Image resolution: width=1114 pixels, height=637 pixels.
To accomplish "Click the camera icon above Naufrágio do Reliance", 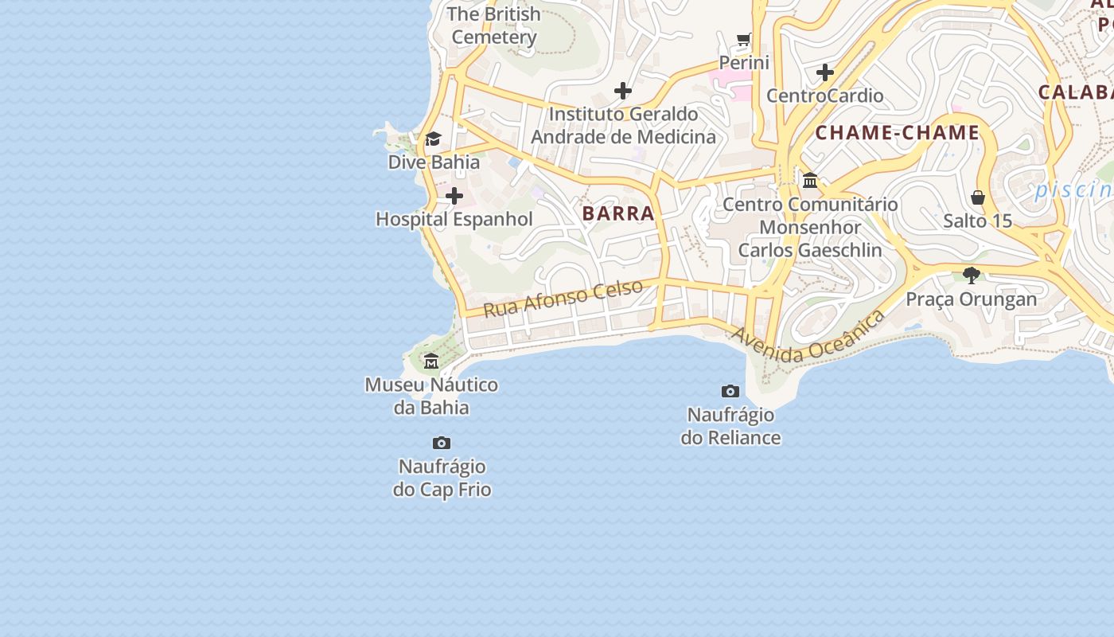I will pyautogui.click(x=730, y=391).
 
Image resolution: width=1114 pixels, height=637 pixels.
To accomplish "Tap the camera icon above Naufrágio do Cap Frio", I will pyautogui.click(x=442, y=443).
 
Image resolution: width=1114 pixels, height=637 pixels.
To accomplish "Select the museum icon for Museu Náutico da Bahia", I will pyautogui.click(x=431, y=361).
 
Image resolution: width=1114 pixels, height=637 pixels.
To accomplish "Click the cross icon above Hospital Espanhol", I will pyautogui.click(x=454, y=196).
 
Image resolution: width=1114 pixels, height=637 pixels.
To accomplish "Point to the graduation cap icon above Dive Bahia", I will pyautogui.click(x=433, y=139).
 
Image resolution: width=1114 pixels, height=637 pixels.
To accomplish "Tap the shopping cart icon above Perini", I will pyautogui.click(x=744, y=39).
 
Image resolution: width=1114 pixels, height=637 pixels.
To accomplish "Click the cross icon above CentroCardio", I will pyautogui.click(x=825, y=72).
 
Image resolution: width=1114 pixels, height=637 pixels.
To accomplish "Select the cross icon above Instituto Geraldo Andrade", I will pyautogui.click(x=623, y=91).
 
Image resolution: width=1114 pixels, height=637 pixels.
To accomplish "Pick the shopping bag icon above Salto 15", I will pyautogui.click(x=978, y=197).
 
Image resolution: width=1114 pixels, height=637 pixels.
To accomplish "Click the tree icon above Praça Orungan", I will pyautogui.click(x=972, y=276).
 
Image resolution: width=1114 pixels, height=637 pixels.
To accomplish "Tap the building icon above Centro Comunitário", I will pyautogui.click(x=810, y=181).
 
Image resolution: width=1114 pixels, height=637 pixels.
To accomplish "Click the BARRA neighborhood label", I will pyautogui.click(x=618, y=213).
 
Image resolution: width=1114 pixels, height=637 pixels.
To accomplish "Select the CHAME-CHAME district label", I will pyautogui.click(x=898, y=133).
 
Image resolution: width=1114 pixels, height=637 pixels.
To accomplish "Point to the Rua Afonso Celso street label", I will pyautogui.click(x=563, y=299).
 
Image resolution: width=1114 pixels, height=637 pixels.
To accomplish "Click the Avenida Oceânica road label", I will pyautogui.click(x=808, y=338).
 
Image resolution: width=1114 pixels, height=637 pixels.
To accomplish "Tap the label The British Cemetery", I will pyautogui.click(x=494, y=25).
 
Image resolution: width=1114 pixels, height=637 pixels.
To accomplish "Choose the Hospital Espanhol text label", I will pyautogui.click(x=454, y=219).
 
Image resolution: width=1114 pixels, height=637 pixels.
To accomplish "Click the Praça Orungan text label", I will pyautogui.click(x=972, y=299).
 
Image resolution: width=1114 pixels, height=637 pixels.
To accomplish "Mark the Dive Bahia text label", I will pyautogui.click(x=434, y=162).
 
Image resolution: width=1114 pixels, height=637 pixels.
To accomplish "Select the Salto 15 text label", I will pyautogui.click(x=977, y=221).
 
